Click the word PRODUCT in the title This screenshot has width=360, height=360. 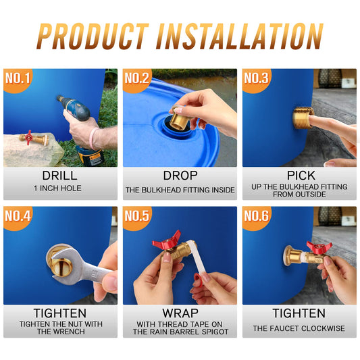[x=93, y=36]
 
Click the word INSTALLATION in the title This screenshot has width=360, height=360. [x=240, y=36]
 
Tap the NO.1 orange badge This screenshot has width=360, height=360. [x=18, y=80]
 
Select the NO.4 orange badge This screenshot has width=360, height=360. [x=18, y=217]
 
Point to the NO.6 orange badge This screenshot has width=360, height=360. [x=257, y=217]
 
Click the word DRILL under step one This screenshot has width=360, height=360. [x=59, y=176]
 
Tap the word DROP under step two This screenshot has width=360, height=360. [x=180, y=176]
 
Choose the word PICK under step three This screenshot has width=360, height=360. [x=301, y=176]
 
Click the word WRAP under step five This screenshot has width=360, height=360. [x=180, y=313]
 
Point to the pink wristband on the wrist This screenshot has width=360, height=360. [x=93, y=138]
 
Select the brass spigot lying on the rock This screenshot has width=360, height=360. [x=34, y=138]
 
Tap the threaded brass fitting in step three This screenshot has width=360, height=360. [x=303, y=118]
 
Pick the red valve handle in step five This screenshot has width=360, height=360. [x=166, y=240]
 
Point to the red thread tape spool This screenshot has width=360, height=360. [x=199, y=280]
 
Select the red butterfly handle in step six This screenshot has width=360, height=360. [x=319, y=247]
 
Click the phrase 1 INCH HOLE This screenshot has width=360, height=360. [x=57, y=188]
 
